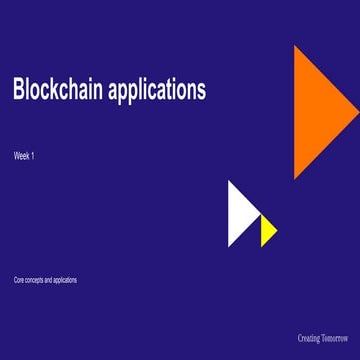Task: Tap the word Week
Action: (x=22, y=156)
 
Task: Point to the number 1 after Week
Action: (x=34, y=156)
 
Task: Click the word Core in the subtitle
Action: (x=18, y=280)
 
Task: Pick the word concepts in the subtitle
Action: (x=33, y=280)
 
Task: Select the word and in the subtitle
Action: (x=48, y=280)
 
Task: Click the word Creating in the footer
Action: (x=309, y=338)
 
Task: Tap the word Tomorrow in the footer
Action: (x=336, y=338)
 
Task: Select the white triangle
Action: (x=239, y=214)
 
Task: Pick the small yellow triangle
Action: (x=267, y=231)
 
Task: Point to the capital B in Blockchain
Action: (x=18, y=90)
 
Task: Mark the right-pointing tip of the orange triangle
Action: (x=358, y=112)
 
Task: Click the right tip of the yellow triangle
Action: (x=277, y=231)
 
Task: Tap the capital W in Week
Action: (x=17, y=156)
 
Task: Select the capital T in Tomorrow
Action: (x=325, y=338)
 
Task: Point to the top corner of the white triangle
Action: (x=229, y=181)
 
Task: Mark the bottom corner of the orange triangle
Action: (x=295, y=179)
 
